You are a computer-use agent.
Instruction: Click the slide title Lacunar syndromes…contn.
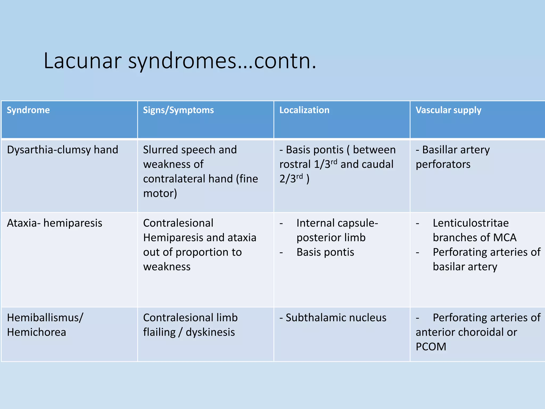click(180, 61)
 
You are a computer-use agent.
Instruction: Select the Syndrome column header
click(28, 110)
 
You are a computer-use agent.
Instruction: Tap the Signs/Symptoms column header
click(178, 110)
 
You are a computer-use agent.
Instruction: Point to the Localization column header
click(304, 110)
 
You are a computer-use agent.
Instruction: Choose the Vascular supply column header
click(448, 110)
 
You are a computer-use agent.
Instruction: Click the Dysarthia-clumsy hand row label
click(63, 150)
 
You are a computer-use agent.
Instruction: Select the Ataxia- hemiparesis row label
click(55, 223)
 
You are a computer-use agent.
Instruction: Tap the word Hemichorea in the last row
click(36, 332)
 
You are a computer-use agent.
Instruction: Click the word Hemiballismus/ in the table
click(45, 318)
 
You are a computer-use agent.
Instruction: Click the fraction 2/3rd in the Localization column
click(291, 179)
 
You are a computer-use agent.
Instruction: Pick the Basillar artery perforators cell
click(452, 157)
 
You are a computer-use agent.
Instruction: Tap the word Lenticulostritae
click(470, 223)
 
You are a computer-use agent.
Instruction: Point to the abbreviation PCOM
click(431, 347)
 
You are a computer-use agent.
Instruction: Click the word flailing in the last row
click(159, 332)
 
